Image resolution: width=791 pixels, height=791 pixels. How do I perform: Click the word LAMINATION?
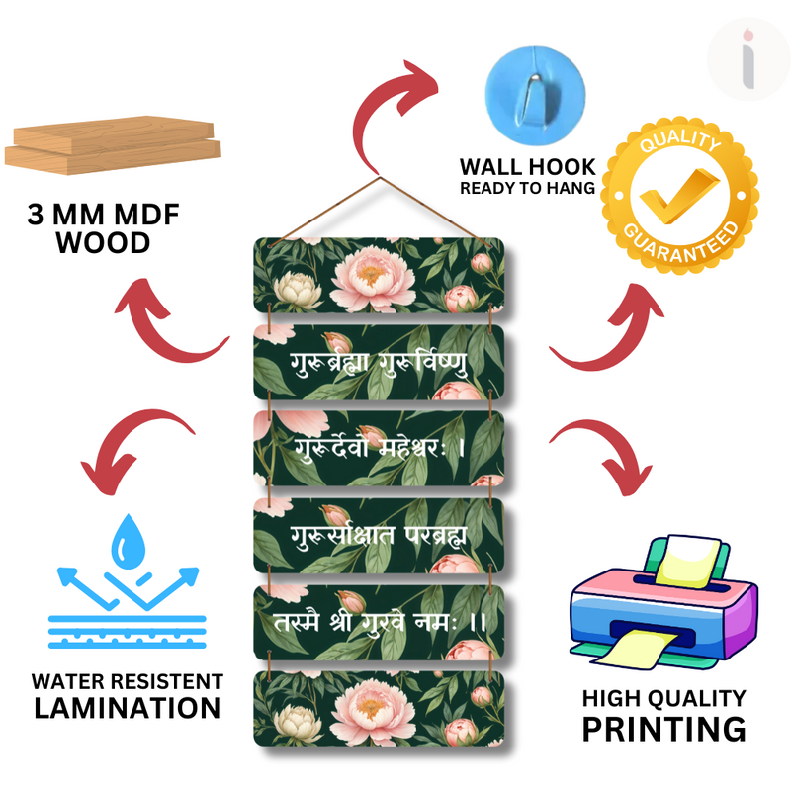coord(127,708)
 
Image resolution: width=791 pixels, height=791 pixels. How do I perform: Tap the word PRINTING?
coord(663,729)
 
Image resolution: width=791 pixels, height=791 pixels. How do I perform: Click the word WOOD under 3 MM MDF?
coord(102,242)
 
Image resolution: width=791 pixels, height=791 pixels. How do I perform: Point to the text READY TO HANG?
coord(527,187)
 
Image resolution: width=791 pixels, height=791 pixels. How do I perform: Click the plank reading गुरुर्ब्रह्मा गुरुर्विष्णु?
coord(381,363)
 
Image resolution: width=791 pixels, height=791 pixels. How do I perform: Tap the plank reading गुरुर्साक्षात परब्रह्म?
coord(381,535)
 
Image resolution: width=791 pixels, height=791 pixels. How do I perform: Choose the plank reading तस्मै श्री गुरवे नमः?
coord(381,621)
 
